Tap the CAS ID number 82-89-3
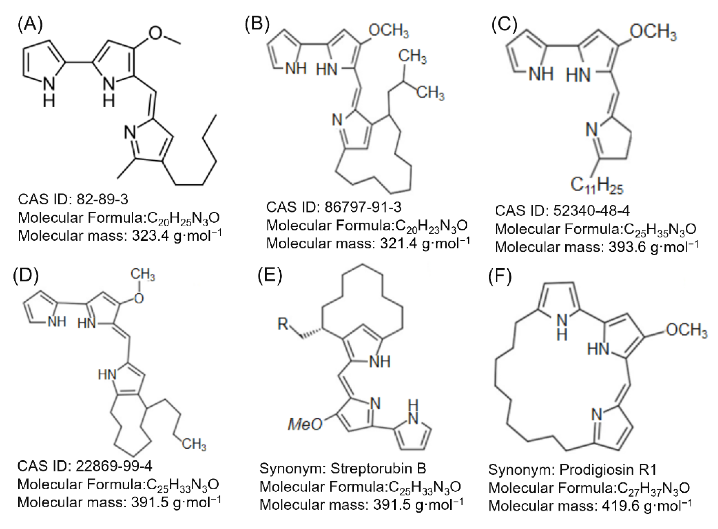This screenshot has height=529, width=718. pyautogui.click(x=102, y=199)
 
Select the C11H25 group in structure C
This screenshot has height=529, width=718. pyautogui.click(x=597, y=185)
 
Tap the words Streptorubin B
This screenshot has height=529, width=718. pyautogui.click(x=378, y=468)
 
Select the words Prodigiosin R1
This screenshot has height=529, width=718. pyautogui.click(x=608, y=470)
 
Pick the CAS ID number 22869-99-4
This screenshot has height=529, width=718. pyautogui.click(x=114, y=466)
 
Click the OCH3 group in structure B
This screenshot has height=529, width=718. pyautogui.click(x=388, y=31)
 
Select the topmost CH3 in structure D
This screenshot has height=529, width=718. pyautogui.click(x=142, y=275)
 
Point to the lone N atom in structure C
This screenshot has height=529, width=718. pyautogui.click(x=592, y=130)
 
